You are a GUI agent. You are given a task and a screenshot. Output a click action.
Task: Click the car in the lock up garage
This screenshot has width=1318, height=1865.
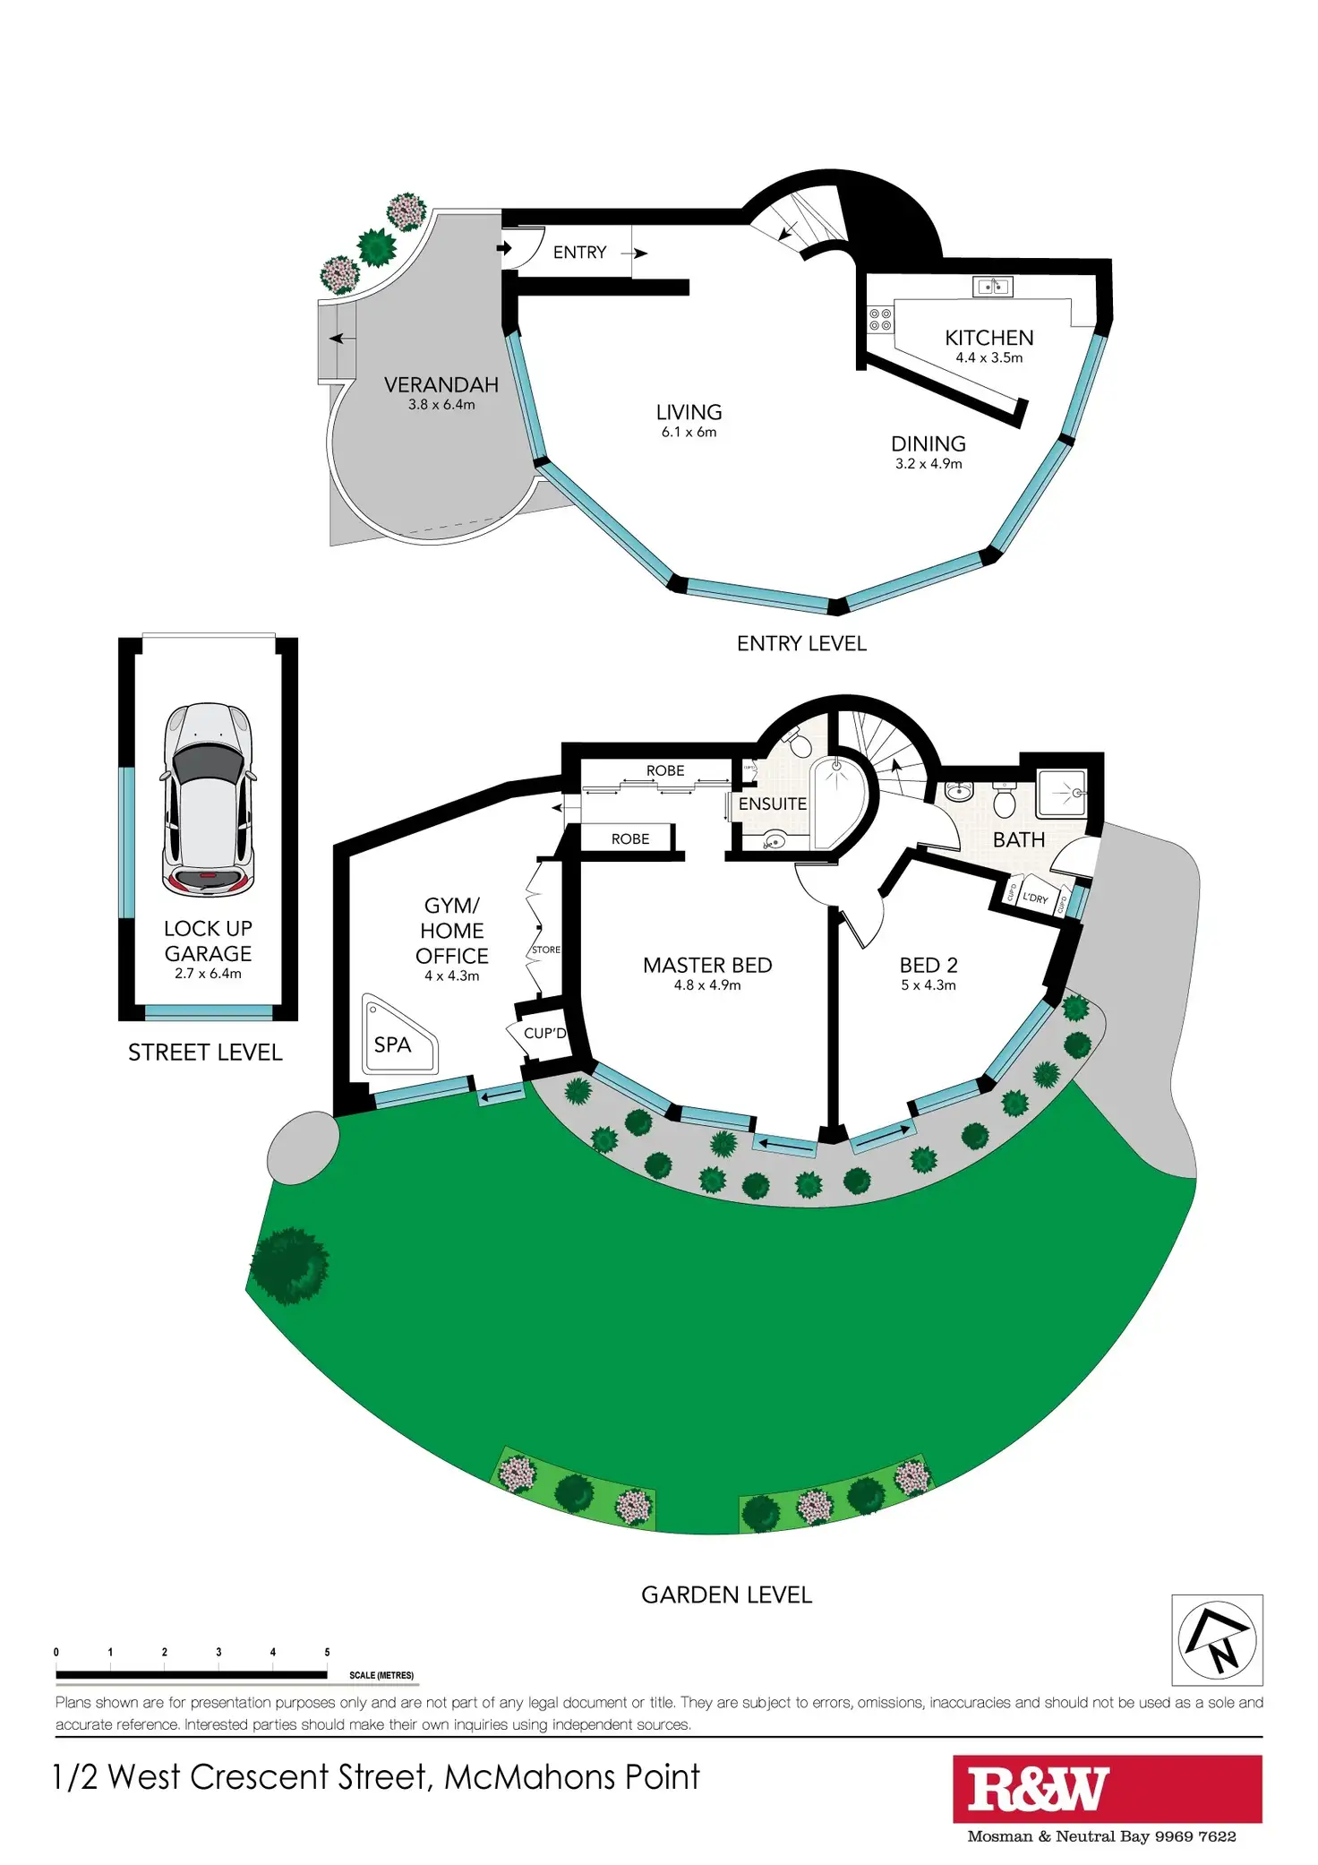click(x=208, y=799)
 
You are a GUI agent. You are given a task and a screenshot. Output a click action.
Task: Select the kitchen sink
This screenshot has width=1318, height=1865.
click(x=992, y=287)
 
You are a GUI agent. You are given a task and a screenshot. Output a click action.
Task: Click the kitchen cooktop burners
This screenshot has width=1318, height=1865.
click(x=880, y=319)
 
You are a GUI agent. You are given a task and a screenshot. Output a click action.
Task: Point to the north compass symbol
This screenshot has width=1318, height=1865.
click(x=1217, y=1639)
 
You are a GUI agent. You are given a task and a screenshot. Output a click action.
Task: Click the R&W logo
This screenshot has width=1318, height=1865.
click(x=1039, y=1789)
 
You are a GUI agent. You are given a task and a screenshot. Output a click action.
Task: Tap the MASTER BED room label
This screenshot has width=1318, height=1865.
click(x=707, y=965)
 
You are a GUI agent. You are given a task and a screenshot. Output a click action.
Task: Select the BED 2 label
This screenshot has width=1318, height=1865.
click(x=929, y=965)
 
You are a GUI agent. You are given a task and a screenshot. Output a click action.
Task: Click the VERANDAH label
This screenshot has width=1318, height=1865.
click(x=441, y=385)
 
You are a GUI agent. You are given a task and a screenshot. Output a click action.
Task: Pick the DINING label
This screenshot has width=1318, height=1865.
click(x=929, y=444)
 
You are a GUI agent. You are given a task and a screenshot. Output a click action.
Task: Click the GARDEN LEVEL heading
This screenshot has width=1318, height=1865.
click(x=727, y=1594)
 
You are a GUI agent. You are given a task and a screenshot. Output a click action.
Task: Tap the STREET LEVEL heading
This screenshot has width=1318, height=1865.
click(x=205, y=1053)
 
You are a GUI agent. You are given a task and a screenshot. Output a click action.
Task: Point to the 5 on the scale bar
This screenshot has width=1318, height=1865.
click(x=327, y=1652)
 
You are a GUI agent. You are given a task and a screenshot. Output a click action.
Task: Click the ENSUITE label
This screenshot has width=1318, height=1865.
click(x=773, y=804)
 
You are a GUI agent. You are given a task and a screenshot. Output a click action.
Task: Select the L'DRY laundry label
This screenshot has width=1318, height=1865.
click(x=1035, y=898)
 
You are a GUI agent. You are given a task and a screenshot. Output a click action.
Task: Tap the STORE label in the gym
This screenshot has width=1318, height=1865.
click(x=546, y=950)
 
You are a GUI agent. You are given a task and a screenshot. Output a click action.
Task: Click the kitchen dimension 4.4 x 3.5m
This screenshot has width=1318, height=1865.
click(x=988, y=357)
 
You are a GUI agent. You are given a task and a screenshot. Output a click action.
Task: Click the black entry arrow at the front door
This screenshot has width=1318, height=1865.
click(x=505, y=247)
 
